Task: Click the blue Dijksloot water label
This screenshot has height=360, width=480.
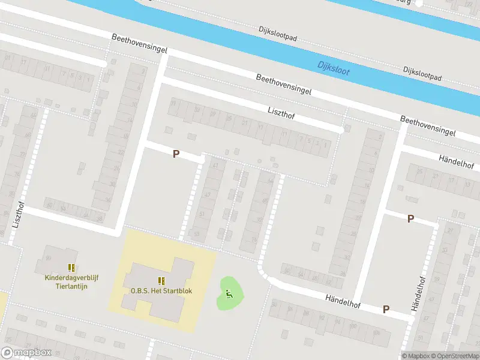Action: pos(334,67)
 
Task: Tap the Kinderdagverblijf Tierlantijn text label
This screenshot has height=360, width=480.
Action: pos(71,281)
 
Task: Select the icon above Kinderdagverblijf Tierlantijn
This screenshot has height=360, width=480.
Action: pos(71,268)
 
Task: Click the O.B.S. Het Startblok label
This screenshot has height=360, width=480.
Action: pos(161,292)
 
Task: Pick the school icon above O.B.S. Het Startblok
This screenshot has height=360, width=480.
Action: pos(161,280)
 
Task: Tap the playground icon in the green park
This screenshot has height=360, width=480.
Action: pos(229,293)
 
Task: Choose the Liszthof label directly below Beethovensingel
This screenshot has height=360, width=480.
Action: pos(283,112)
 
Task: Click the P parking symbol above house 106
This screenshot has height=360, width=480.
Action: pos(386,310)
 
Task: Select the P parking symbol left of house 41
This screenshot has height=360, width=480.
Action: pos(176,154)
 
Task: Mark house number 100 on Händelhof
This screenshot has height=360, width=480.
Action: pos(353,326)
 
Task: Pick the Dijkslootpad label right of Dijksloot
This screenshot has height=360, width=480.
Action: pos(422,74)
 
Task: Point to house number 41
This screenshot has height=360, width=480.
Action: pos(215,166)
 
